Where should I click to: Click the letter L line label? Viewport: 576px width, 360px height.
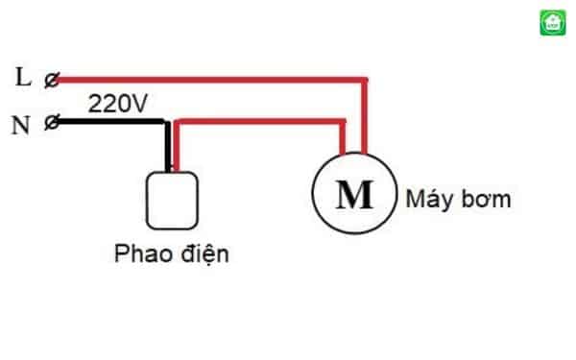pyautogui.click(x=24, y=78)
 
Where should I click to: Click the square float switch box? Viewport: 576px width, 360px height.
pyautogui.click(x=172, y=198)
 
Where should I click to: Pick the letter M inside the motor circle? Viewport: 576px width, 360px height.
pyautogui.click(x=354, y=195)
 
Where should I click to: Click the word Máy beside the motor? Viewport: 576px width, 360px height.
pyautogui.click(x=428, y=201)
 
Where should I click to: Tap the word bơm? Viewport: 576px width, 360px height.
pyautogui.click(x=486, y=201)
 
